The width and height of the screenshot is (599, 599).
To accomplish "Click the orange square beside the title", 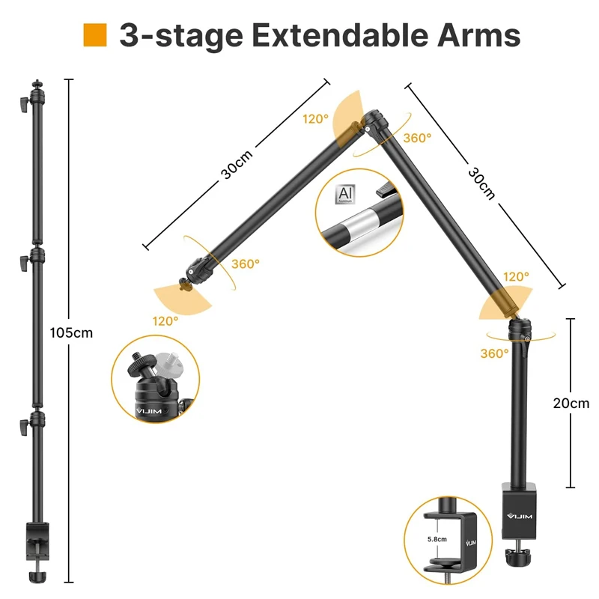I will (95, 35).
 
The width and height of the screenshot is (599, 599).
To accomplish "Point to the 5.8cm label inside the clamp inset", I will (437, 538).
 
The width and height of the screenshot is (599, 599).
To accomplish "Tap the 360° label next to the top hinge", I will (417, 138).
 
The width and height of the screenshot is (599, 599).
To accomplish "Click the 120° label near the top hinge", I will (315, 119).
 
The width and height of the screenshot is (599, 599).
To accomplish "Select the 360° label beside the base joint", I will (494, 353).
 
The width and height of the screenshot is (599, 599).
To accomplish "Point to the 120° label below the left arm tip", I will (165, 320).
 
